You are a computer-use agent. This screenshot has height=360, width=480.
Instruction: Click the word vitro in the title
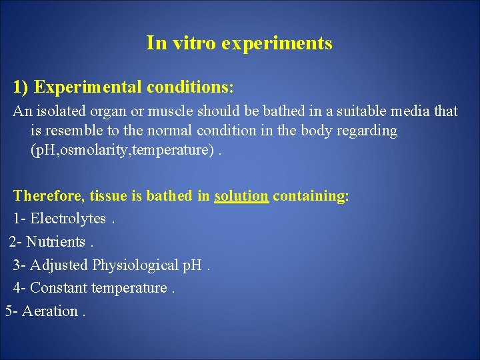194,44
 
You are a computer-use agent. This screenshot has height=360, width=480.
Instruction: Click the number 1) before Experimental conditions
21,87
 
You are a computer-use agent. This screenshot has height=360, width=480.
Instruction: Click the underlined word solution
241,196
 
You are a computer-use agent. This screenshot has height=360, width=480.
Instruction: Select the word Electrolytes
68,219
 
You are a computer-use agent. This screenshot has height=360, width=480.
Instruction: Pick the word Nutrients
55,241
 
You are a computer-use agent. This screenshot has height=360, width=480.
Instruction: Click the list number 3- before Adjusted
20,265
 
